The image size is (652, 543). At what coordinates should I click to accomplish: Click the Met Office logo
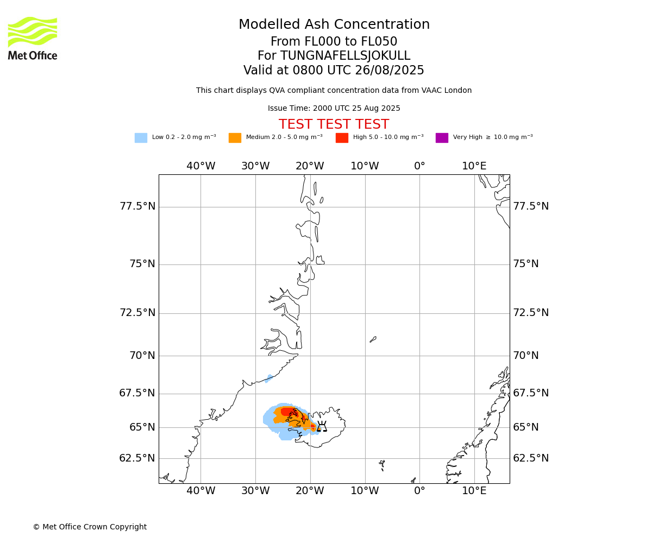click(33, 39)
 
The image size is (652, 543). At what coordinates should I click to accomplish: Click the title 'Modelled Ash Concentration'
click(334, 24)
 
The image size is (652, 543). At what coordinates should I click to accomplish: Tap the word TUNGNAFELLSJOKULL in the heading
click(346, 55)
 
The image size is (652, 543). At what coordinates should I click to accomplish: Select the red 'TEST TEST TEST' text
click(334, 124)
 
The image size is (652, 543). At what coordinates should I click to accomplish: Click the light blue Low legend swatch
click(141, 137)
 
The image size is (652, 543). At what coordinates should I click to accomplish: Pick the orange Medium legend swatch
click(235, 137)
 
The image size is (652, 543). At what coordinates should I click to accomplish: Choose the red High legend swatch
click(342, 137)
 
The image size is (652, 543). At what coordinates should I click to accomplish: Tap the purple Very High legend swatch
click(442, 137)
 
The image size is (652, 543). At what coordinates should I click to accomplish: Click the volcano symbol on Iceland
click(322, 426)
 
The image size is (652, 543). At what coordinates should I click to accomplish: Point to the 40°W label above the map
click(201, 166)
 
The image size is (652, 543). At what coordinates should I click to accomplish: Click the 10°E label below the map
click(474, 490)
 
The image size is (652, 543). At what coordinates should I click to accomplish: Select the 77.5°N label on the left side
click(137, 206)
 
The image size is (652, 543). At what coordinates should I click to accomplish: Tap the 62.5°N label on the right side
click(531, 458)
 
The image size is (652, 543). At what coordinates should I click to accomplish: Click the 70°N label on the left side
click(142, 356)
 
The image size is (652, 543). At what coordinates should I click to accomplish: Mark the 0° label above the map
click(419, 166)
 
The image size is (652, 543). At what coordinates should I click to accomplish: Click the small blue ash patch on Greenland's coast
click(268, 378)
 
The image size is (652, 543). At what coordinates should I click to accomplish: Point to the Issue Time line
click(334, 108)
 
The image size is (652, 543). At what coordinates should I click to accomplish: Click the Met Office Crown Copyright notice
click(90, 527)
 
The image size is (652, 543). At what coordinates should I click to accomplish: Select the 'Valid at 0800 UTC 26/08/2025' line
click(334, 70)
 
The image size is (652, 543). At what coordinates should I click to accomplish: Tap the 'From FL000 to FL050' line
click(334, 41)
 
